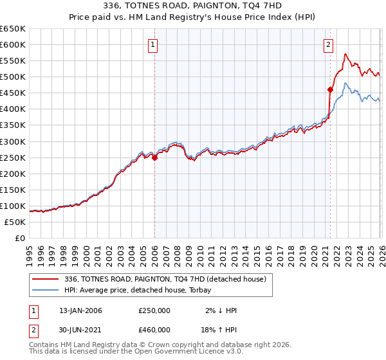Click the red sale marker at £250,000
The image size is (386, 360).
point(155,157)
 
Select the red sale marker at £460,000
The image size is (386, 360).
point(330,89)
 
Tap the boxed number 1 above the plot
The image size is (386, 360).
point(153,45)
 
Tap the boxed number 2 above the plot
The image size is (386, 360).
point(328,45)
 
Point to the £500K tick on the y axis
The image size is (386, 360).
point(14,77)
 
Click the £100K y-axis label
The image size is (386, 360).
point(14,206)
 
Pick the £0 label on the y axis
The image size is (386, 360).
point(19,239)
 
